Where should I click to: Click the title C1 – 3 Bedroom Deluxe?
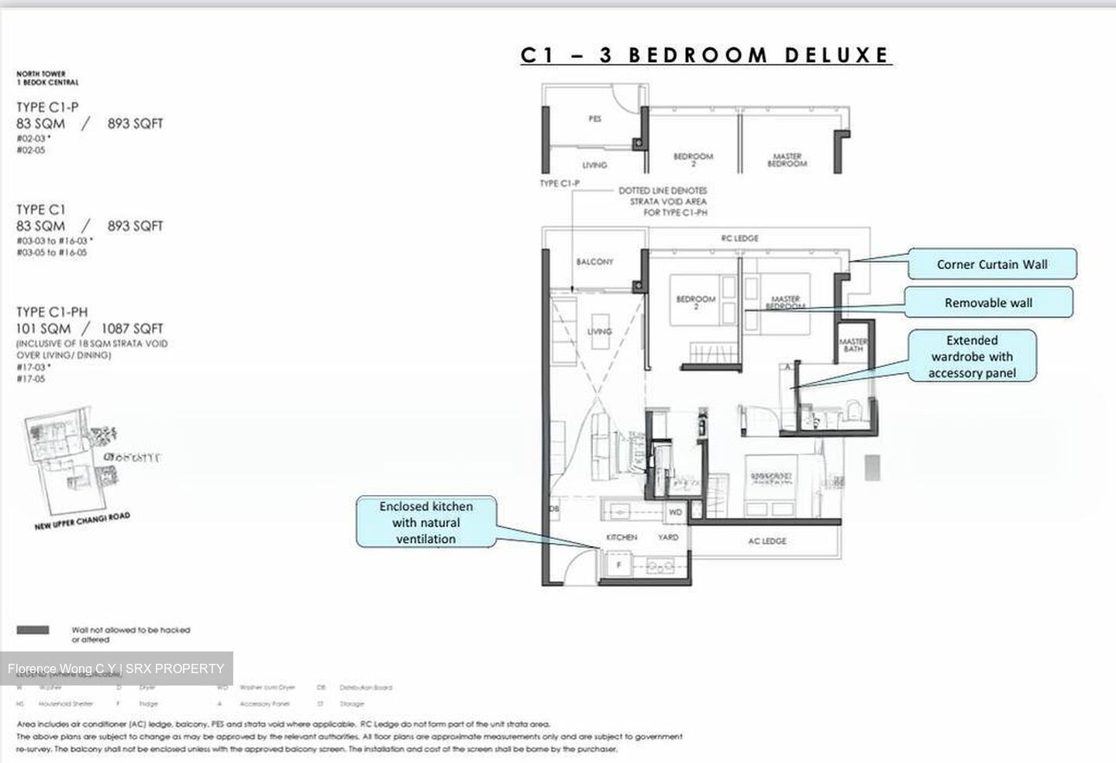pos(705,55)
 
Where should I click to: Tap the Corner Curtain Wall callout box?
pos(991,264)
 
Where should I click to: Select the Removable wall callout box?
pos(988,303)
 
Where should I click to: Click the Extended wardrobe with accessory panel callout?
pos(972,356)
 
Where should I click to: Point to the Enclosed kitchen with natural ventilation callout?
pos(425,522)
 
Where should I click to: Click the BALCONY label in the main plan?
pos(594,262)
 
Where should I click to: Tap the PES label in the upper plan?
pos(594,119)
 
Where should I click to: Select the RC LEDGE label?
pos(739,238)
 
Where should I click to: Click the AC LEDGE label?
pos(766,541)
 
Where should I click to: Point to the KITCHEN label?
pos(622,537)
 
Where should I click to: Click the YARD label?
pos(668,537)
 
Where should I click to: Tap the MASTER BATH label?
pos(852,345)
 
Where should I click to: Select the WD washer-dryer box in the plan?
pos(676,513)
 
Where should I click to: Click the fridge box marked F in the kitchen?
pos(619,565)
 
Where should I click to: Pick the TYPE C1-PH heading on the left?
pos(52,312)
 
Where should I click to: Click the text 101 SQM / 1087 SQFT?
pos(90,328)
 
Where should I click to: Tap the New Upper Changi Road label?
pos(82,521)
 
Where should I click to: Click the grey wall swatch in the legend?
pos(33,630)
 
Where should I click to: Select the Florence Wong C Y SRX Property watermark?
pos(116,668)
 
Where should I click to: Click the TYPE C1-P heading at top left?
pos(47,108)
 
